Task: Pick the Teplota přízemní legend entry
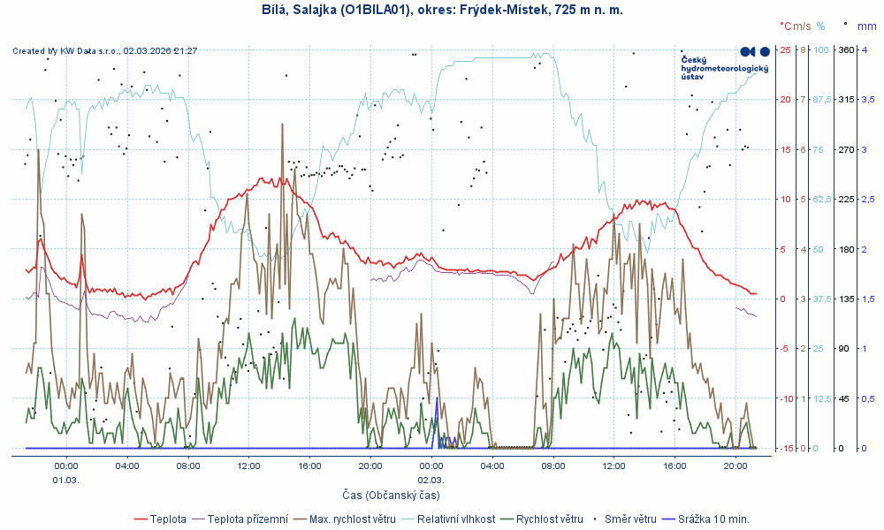click(x=245, y=519)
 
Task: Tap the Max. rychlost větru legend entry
click(x=344, y=519)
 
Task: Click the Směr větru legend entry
click(x=629, y=519)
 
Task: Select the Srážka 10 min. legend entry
click(x=714, y=519)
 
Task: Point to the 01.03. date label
click(x=66, y=480)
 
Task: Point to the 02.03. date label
click(x=431, y=480)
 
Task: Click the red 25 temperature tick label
click(x=785, y=49)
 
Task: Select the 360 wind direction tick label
click(x=845, y=49)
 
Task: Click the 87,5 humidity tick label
click(x=821, y=99)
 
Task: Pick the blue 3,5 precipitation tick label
click(x=869, y=99)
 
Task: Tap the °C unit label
click(x=786, y=26)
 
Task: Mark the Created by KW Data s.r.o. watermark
click(x=104, y=51)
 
